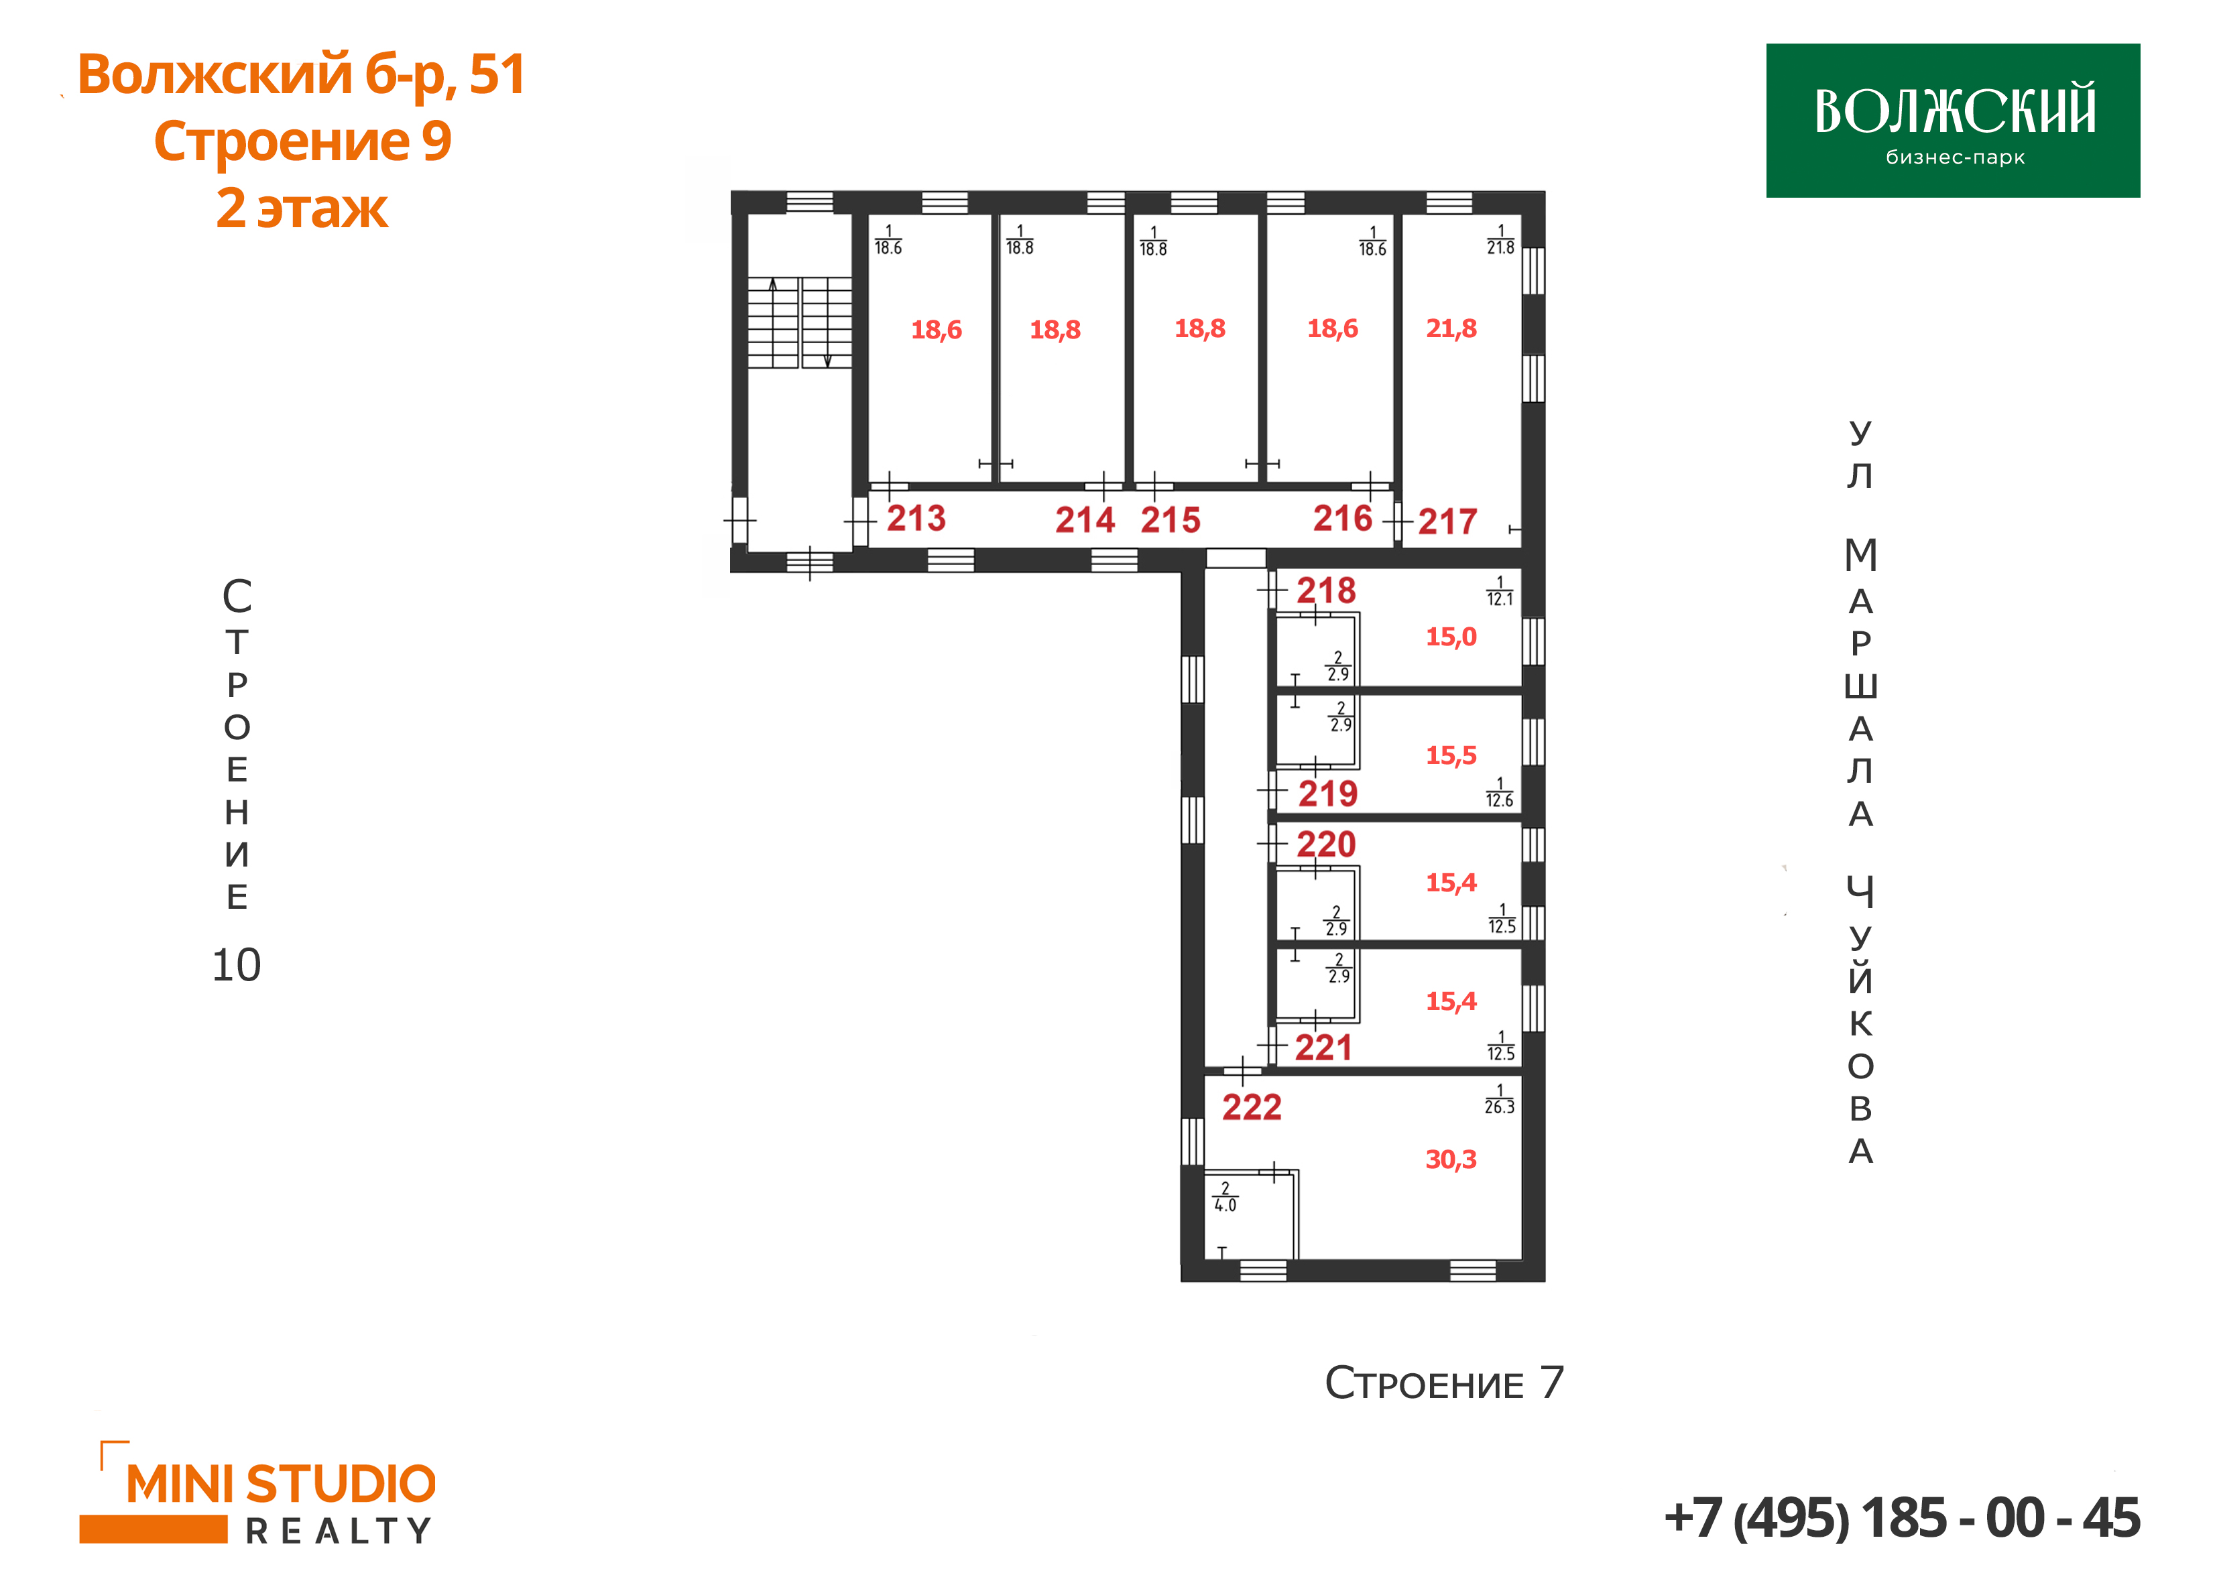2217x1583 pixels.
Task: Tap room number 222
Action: tap(1252, 1107)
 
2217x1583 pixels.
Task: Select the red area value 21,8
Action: tap(1451, 328)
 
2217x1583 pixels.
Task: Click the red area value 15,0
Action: tap(1451, 637)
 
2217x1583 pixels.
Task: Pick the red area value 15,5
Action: tap(1451, 755)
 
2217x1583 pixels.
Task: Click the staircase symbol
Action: tap(799, 322)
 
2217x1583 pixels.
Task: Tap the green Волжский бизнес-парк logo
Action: tap(1953, 121)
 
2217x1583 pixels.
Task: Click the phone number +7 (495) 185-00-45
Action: tap(1902, 1518)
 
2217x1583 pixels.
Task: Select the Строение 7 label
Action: tap(1444, 1383)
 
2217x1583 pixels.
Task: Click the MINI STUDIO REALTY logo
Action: tap(257, 1493)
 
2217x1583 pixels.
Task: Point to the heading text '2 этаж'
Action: tap(302, 208)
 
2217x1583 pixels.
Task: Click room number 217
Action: tap(1448, 521)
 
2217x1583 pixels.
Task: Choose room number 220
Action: tap(1326, 844)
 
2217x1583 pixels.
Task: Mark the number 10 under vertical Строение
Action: tap(236, 965)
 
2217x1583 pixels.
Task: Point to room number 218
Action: tap(1326, 590)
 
